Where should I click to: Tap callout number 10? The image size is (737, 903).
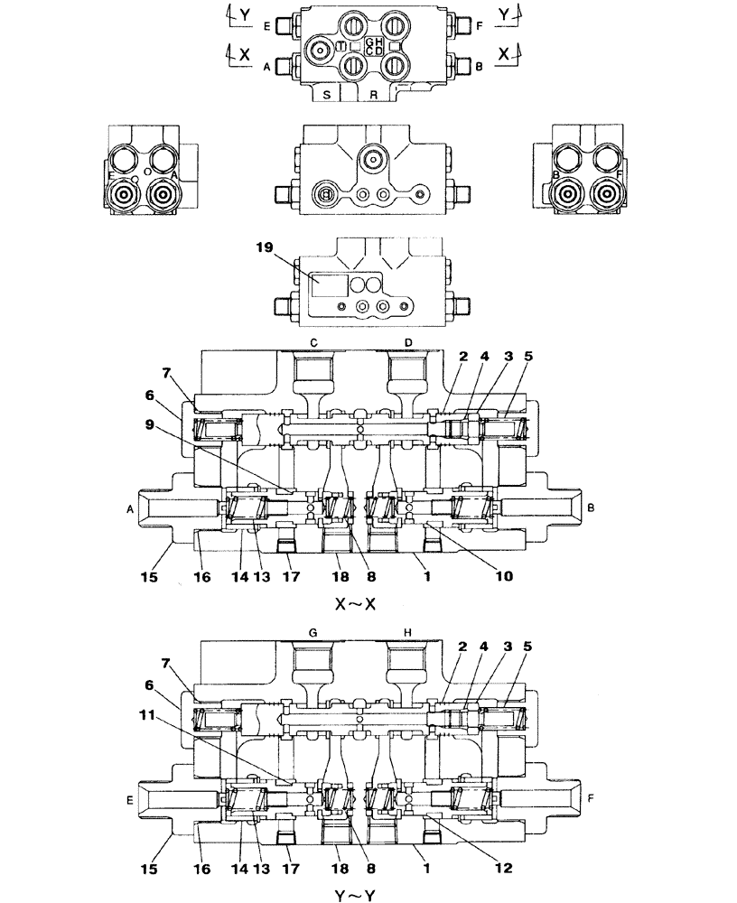point(503,575)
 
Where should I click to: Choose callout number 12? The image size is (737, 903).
point(503,868)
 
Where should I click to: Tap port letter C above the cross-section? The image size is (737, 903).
point(313,342)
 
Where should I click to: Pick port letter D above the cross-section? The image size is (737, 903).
point(408,342)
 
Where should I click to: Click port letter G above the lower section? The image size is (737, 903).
point(313,634)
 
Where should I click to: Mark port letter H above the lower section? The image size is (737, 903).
point(408,634)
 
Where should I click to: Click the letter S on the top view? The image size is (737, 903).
point(326,93)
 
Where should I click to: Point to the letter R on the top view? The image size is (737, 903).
point(373,93)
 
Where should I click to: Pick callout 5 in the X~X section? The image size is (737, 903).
point(527,355)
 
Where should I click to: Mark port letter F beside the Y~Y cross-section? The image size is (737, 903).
point(591,799)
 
